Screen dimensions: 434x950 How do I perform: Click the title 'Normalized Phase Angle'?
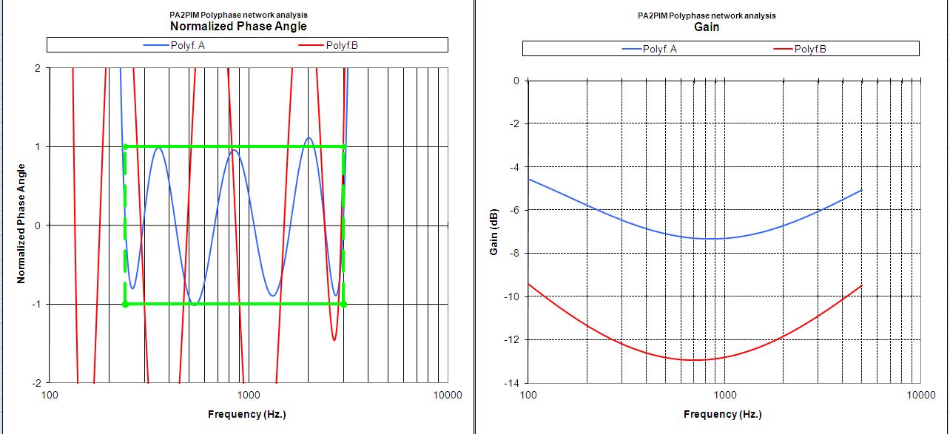pyautogui.click(x=238, y=27)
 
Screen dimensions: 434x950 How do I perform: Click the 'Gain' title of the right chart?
pyautogui.click(x=707, y=27)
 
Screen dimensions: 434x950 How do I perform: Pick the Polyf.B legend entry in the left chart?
pyautogui.click(x=342, y=46)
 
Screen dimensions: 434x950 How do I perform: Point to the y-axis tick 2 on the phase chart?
pyautogui.click(x=37, y=68)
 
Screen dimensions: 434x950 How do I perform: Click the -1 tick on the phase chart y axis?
pyautogui.click(x=36, y=304)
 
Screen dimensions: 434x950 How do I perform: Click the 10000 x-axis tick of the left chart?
pyautogui.click(x=447, y=395)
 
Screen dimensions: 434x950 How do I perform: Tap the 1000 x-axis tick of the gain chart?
pyautogui.click(x=724, y=395)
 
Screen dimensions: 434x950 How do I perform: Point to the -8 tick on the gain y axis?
pyautogui.click(x=514, y=254)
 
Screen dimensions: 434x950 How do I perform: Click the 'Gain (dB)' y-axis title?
pyautogui.click(x=494, y=231)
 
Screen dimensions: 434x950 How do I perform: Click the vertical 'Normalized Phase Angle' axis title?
pyautogui.click(x=21, y=225)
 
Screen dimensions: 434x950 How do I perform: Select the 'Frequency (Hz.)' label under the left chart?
pyautogui.click(x=247, y=414)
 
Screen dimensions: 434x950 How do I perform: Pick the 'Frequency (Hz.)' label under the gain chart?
pyautogui.click(x=722, y=414)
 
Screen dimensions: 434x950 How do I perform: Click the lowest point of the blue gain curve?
pyautogui.click(x=710, y=239)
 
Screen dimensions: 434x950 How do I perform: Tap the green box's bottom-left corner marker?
pyautogui.click(x=124, y=304)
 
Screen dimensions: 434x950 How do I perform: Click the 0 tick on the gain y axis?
pyautogui.click(x=516, y=81)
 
